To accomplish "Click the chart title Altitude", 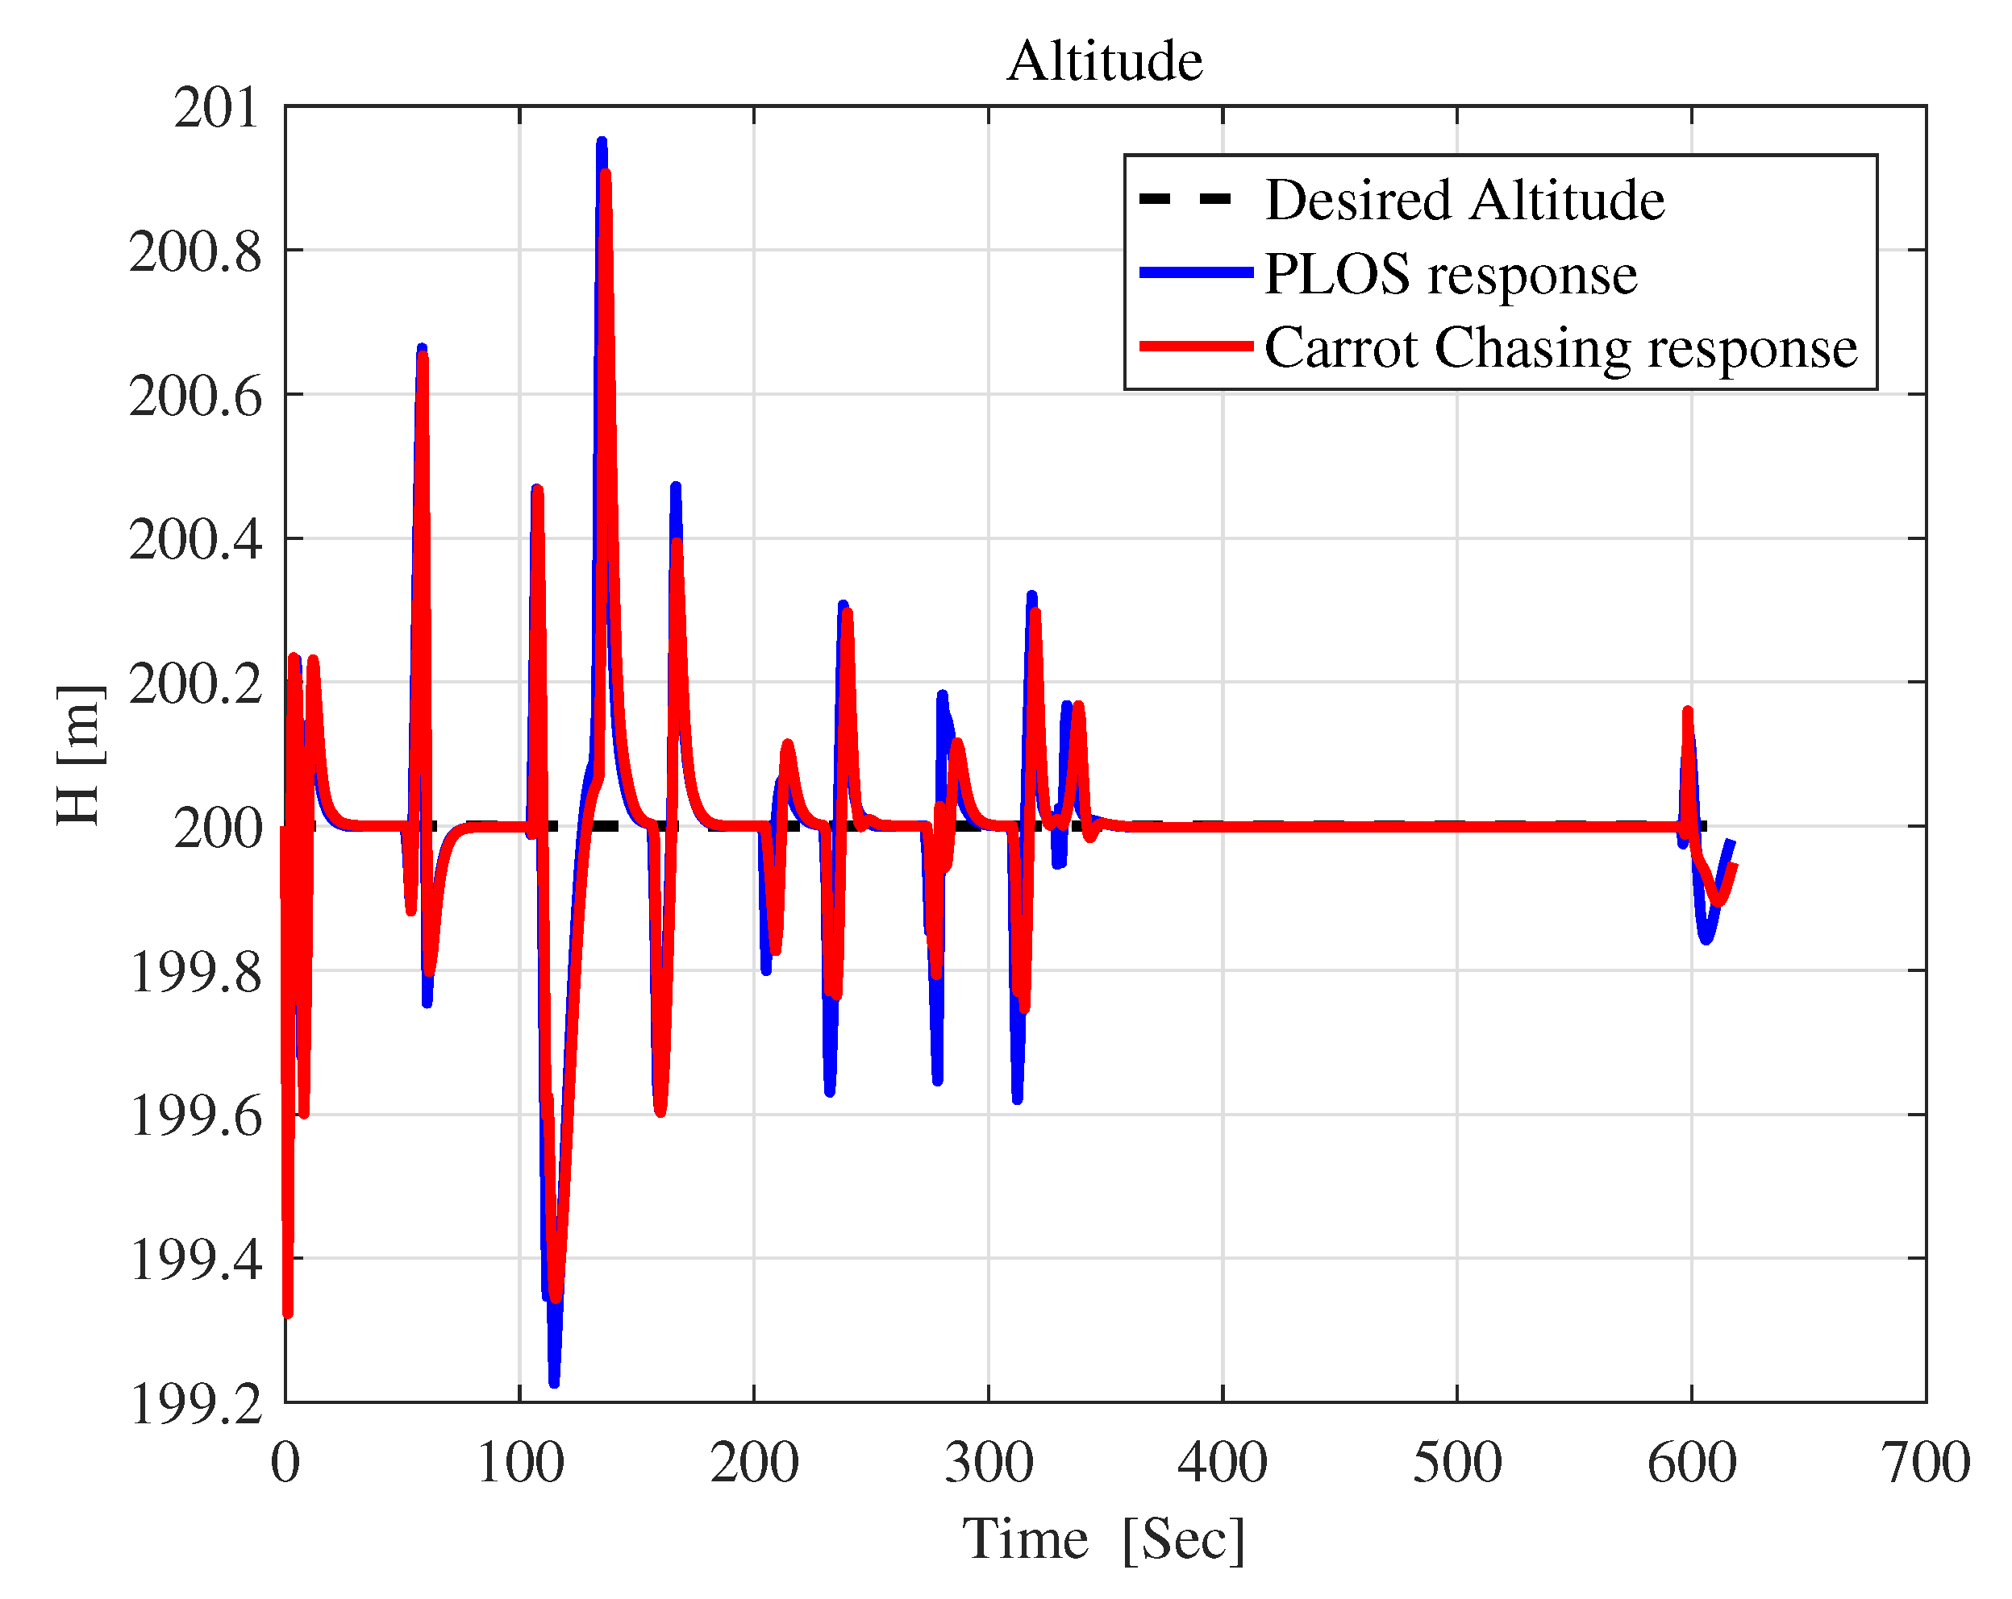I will [1105, 61].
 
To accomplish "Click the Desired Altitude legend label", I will [1464, 200].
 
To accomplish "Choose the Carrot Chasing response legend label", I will [1560, 347].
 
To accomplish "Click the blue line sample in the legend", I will [1197, 272].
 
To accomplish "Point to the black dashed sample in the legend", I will [1185, 199].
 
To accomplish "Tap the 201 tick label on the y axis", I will [216, 108].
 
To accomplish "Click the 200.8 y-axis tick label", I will [196, 252].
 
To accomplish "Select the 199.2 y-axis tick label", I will [196, 1403].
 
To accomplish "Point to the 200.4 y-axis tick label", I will [196, 540].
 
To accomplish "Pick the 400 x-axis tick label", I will [1223, 1462].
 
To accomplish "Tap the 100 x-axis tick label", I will [520, 1462].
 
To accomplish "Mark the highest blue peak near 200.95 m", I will [602, 142].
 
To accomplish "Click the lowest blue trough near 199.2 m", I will [554, 1382].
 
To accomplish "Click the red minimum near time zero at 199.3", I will [287, 1314].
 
